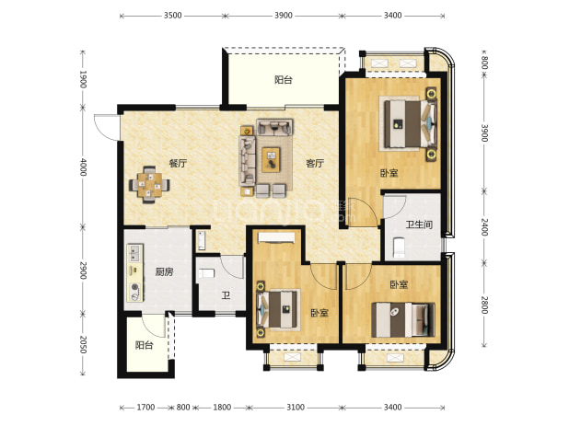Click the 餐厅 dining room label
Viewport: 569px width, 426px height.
[x=178, y=164]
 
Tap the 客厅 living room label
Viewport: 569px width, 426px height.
[x=315, y=164]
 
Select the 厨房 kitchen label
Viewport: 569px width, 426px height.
[x=164, y=272]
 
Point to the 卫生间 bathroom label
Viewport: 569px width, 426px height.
[x=419, y=225]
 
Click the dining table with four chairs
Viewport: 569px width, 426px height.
[x=149, y=185]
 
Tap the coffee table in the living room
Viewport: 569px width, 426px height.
[x=271, y=159]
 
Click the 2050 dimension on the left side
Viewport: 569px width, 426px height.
[x=83, y=344]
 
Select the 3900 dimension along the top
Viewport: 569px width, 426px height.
[x=284, y=16]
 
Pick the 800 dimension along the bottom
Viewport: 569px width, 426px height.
[x=183, y=408]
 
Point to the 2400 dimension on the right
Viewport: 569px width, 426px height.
[x=484, y=227]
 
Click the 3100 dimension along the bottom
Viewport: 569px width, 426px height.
[x=296, y=408]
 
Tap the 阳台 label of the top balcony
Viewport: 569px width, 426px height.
[x=284, y=80]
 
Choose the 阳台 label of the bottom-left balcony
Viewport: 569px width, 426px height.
[x=144, y=345]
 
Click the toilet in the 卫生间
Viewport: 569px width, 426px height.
[x=399, y=248]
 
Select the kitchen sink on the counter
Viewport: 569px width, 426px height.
[x=134, y=253]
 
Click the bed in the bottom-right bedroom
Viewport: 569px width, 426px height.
[x=403, y=320]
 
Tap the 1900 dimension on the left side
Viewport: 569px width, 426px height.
[x=83, y=79]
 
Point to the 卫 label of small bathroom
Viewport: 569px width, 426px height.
[x=226, y=296]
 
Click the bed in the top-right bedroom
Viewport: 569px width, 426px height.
[x=408, y=123]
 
